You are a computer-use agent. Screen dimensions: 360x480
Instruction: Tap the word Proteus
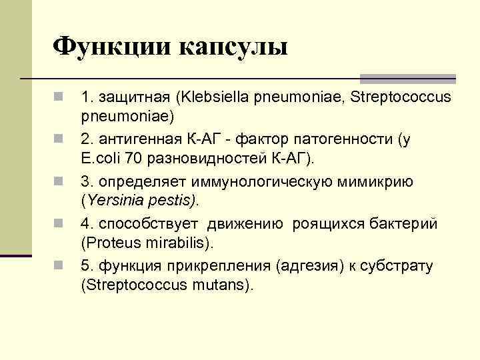[x=111, y=242]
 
